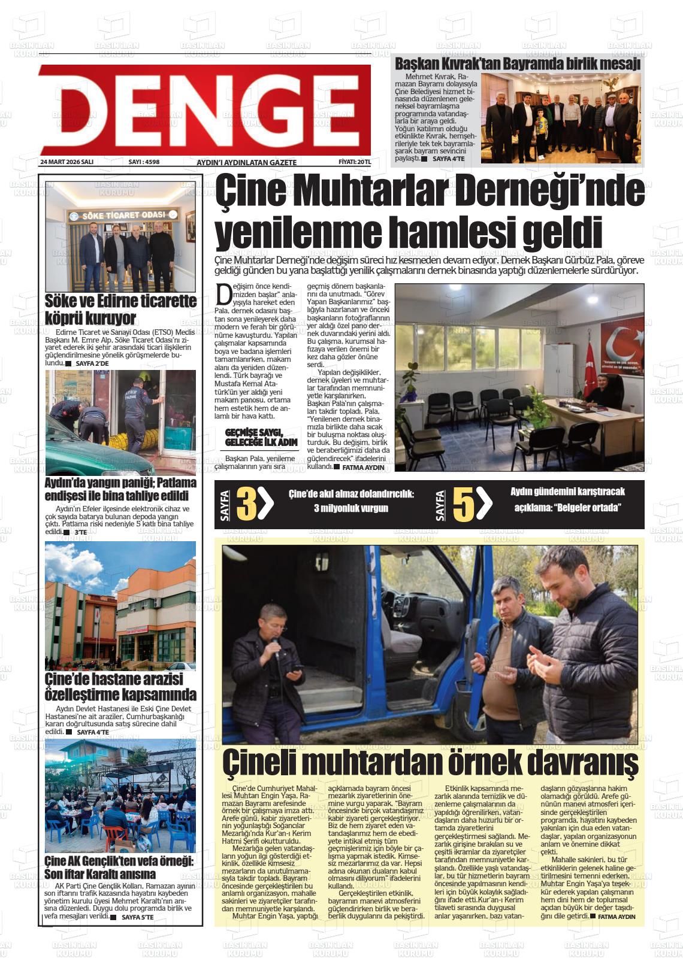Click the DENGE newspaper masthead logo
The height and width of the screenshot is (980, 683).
click(x=204, y=111)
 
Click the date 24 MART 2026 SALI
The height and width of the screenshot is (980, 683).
click(x=67, y=162)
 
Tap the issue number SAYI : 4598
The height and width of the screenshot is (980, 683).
click(x=144, y=162)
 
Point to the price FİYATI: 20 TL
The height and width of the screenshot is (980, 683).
click(x=355, y=162)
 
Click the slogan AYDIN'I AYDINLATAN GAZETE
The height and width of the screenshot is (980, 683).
click(x=246, y=163)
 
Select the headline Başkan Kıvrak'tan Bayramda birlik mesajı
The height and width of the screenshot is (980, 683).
click(x=517, y=63)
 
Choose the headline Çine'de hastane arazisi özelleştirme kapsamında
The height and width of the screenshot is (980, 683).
click(x=120, y=687)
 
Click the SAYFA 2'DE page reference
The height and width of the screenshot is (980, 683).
click(x=92, y=363)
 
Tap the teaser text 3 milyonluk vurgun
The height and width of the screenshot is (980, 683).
click(x=351, y=508)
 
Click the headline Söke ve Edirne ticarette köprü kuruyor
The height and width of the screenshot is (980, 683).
click(x=120, y=309)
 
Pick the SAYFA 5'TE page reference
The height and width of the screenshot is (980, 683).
click(x=138, y=917)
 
